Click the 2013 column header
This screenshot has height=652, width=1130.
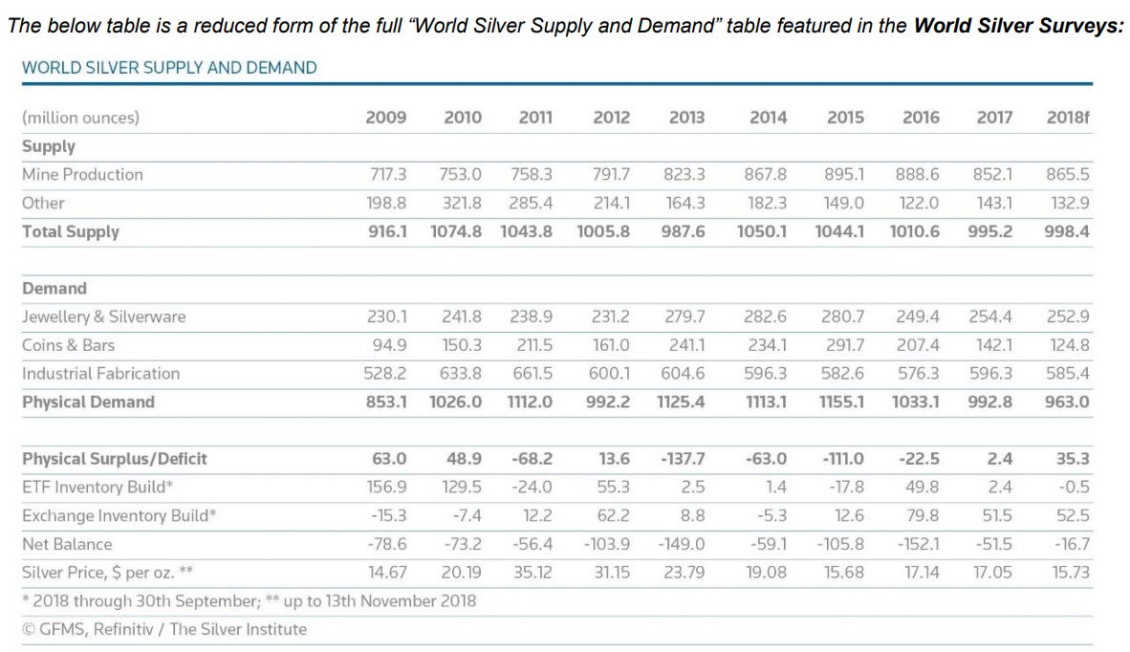(x=686, y=118)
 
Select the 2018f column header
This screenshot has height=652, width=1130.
(x=1068, y=118)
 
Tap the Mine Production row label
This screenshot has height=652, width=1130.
(x=82, y=174)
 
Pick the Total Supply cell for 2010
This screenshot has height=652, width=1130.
(x=456, y=231)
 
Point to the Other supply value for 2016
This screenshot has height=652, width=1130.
(x=919, y=203)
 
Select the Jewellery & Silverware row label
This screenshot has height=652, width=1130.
(x=103, y=316)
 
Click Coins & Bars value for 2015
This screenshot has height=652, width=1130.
(x=844, y=345)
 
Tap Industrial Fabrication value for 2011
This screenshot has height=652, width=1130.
(x=532, y=374)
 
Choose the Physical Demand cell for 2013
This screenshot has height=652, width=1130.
(x=681, y=402)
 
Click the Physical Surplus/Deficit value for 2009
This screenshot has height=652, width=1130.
(x=389, y=459)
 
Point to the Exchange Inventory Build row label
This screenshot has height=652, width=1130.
(x=119, y=516)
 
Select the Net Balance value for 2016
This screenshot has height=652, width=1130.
(x=919, y=545)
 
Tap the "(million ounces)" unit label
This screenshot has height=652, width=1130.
(x=80, y=119)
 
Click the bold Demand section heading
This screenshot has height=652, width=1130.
(x=54, y=289)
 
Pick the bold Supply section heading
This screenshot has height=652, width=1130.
(x=48, y=146)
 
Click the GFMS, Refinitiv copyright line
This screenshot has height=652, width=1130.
(x=164, y=629)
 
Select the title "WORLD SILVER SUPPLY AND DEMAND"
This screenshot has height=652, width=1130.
(x=169, y=67)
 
